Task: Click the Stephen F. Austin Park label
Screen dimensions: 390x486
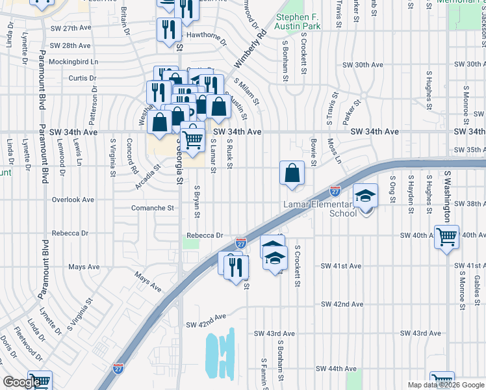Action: point(298,22)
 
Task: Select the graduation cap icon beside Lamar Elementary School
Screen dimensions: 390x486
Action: point(366,196)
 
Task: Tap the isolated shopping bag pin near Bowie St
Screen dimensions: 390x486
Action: point(292,173)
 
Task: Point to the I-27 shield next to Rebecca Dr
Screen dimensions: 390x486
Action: point(240,244)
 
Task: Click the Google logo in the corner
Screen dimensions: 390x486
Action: point(21,382)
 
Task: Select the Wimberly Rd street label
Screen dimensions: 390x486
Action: point(249,50)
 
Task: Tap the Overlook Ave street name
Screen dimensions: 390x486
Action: point(73,200)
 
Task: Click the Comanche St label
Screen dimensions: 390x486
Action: point(153,208)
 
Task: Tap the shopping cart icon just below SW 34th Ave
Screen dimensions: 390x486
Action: point(193,138)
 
